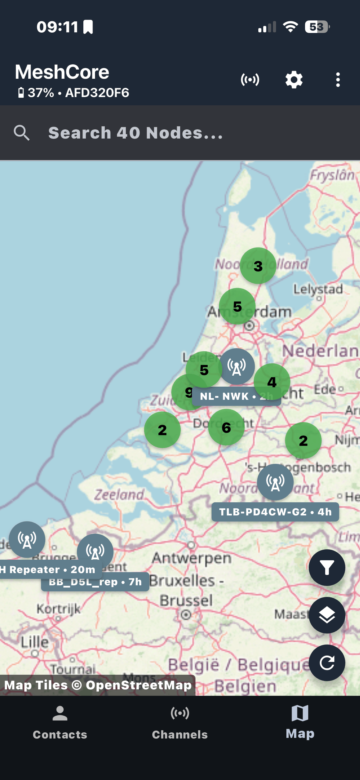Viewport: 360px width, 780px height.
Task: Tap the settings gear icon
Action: coord(294,80)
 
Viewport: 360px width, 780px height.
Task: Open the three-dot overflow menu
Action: coord(338,80)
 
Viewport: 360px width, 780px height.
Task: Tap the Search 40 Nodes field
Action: coord(136,133)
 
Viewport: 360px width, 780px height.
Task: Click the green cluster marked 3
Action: coord(258,266)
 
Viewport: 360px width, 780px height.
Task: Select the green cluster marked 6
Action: coord(226,427)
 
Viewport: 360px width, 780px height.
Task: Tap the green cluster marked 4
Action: coord(272,381)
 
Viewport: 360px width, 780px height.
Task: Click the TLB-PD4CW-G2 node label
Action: coord(275,512)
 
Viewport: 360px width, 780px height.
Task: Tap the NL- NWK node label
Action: coord(226,396)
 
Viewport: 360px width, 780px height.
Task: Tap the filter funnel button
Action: coord(327,568)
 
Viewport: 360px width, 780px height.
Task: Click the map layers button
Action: coord(327,615)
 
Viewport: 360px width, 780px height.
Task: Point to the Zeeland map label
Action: coord(119,495)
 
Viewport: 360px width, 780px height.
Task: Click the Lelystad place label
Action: coord(318,289)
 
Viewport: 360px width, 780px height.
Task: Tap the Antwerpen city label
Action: coord(192,558)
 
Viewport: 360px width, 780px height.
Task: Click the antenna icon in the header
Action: coord(250,80)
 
